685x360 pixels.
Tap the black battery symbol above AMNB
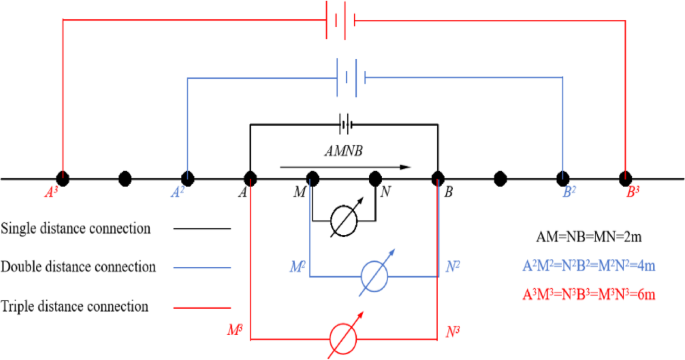[346, 126]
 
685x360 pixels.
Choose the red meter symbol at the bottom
[343, 338]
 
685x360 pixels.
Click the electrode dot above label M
[312, 179]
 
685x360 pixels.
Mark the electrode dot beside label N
[375, 179]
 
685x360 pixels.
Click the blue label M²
[297, 268]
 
